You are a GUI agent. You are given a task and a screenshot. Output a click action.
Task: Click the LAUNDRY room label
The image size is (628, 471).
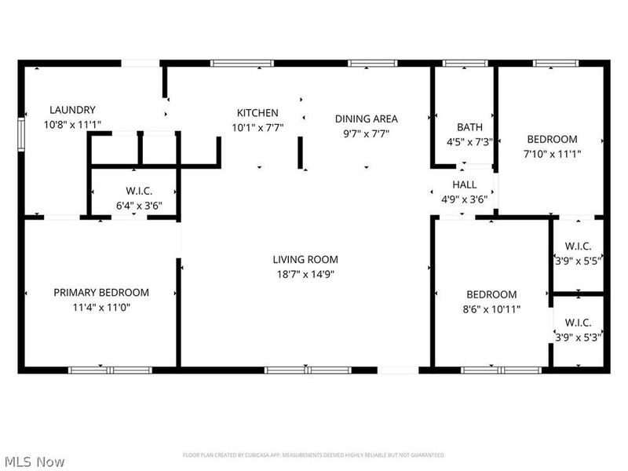click(x=72, y=110)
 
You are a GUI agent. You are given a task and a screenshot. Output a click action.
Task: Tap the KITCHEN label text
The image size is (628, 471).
click(x=257, y=112)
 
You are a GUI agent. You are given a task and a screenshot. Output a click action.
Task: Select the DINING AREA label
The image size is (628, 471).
click(x=366, y=119)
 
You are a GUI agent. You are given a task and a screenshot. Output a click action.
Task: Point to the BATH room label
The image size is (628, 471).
click(x=469, y=127)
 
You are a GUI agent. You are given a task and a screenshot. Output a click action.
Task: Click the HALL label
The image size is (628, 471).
click(x=464, y=184)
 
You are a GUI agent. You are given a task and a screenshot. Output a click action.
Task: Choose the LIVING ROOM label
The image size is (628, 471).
click(x=305, y=259)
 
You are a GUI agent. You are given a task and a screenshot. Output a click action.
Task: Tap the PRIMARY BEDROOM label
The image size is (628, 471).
click(x=101, y=292)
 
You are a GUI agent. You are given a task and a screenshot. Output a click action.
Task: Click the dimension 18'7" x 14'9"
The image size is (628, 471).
click(x=305, y=274)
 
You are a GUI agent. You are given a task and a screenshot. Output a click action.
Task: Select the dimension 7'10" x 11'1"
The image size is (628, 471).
click(x=552, y=154)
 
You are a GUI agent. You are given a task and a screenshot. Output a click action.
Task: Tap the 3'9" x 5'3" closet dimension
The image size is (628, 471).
click(x=577, y=337)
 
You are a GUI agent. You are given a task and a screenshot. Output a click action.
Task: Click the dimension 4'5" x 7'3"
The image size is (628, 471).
click(x=469, y=142)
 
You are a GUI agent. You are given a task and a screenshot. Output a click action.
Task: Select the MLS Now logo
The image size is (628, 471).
click(x=33, y=462)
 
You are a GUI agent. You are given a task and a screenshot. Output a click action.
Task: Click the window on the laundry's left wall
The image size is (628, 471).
click(x=21, y=131)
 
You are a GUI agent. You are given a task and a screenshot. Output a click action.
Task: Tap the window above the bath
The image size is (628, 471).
click(x=465, y=63)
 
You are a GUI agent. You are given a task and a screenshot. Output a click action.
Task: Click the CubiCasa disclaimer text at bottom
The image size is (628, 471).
click(x=314, y=455)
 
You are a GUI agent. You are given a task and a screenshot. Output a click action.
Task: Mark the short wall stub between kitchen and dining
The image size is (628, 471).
click(x=300, y=152)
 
